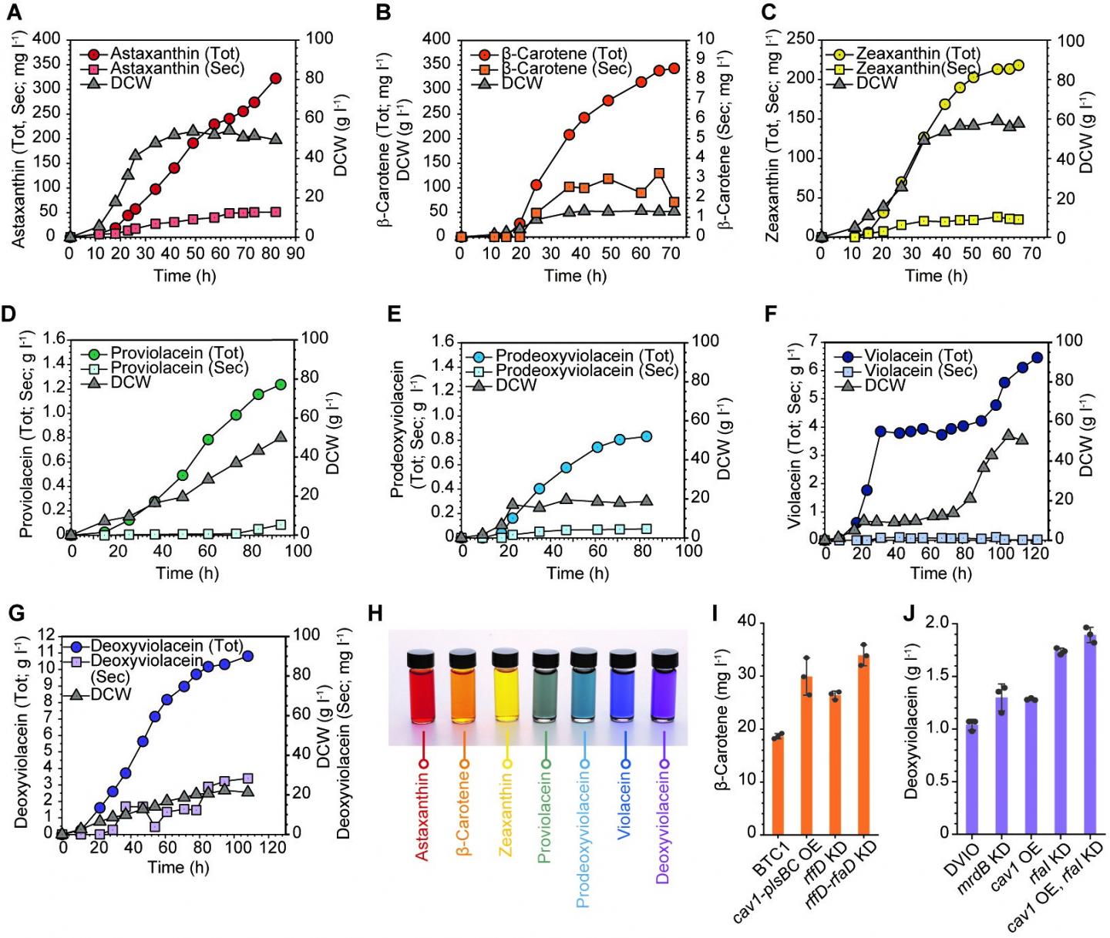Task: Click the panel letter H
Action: coord(375,614)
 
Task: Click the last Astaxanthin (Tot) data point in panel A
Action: coord(275,78)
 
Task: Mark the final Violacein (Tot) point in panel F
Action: coord(1037,358)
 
